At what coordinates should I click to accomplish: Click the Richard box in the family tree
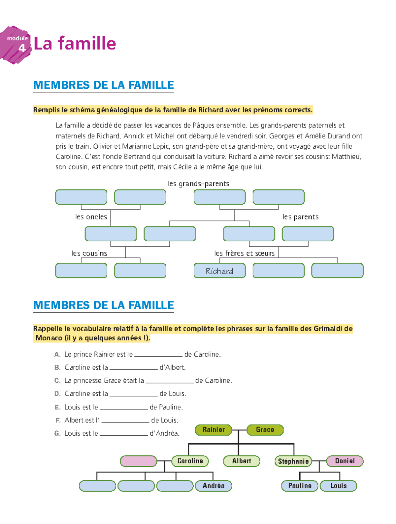pyautogui.click(x=219, y=271)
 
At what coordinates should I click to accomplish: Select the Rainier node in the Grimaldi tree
pyautogui.click(x=214, y=430)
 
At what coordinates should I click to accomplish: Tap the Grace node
pyautogui.click(x=265, y=430)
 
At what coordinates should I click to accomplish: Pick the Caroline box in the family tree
pyautogui.click(x=190, y=461)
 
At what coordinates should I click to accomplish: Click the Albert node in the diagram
pyautogui.click(x=242, y=461)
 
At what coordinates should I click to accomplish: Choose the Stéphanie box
pyautogui.click(x=293, y=461)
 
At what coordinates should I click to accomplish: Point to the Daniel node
pyautogui.click(x=345, y=461)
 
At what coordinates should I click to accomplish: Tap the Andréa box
pyautogui.click(x=214, y=486)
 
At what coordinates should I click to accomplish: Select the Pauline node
pyautogui.click(x=300, y=486)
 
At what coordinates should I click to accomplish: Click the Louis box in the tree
pyautogui.click(x=339, y=486)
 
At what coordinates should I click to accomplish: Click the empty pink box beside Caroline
pyautogui.click(x=138, y=461)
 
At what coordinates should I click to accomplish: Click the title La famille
pyautogui.click(x=75, y=44)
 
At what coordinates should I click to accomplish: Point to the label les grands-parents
pyautogui.click(x=198, y=184)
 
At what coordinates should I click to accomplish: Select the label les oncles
pyautogui.click(x=91, y=217)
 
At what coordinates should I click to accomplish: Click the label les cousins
pyautogui.click(x=89, y=253)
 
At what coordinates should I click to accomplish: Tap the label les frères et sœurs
pyautogui.click(x=244, y=253)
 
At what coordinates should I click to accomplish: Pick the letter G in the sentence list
pyautogui.click(x=57, y=433)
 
